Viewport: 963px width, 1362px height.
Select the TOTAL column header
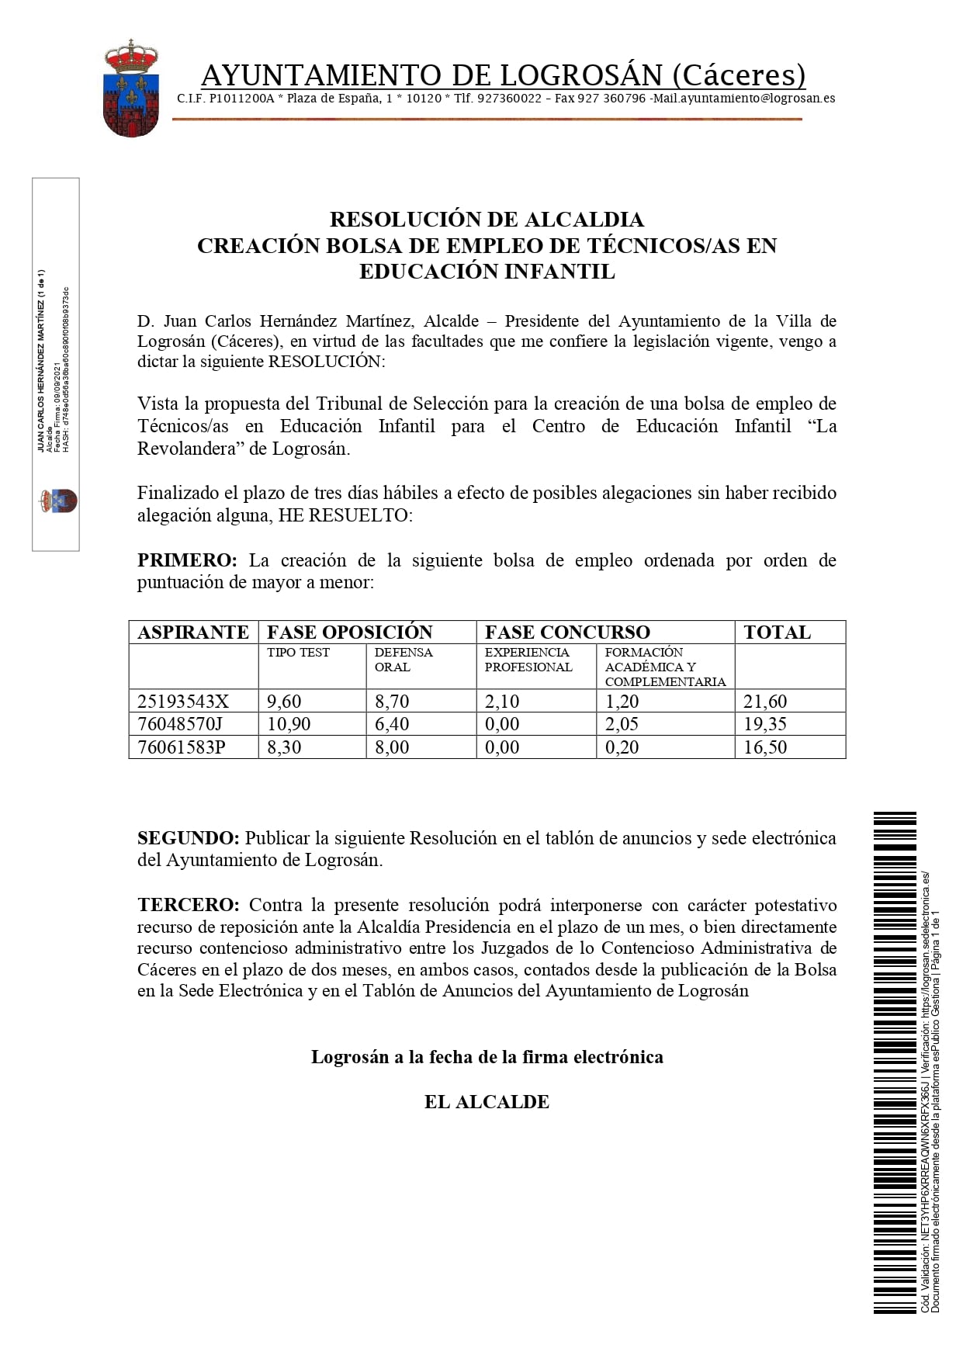pos(777,632)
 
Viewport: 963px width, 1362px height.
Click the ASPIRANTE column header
pos(193,632)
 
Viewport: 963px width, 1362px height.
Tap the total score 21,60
pos(765,702)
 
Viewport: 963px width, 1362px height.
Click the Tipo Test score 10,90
pos(289,724)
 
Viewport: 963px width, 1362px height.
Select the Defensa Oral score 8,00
pos(392,747)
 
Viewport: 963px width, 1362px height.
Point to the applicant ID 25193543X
pos(183,702)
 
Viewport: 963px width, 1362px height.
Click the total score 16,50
pos(765,747)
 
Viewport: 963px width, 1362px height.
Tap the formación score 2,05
pos(622,724)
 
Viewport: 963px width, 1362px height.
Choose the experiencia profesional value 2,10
pos(502,702)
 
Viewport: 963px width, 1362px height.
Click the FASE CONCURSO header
pos(567,632)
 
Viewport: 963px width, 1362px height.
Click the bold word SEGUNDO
pos(189,838)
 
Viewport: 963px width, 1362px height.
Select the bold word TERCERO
pos(189,905)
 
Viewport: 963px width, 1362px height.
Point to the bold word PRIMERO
pos(187,560)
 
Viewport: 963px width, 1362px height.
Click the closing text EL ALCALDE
pos(487,1102)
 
